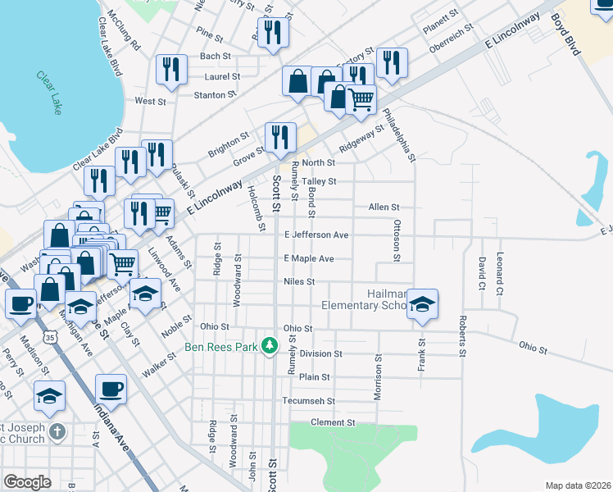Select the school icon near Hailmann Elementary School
[422, 304]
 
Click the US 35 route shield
[52, 336]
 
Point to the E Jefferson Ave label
[316, 235]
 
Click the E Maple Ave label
[309, 258]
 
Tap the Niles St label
[299, 281]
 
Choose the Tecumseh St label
[309, 401]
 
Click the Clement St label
[333, 422]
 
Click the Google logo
[27, 482]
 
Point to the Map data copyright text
[578, 485]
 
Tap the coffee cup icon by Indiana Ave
[111, 389]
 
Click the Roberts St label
[462, 336]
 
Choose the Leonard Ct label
[499, 274]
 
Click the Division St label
[320, 353]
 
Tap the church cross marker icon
[57, 430]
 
